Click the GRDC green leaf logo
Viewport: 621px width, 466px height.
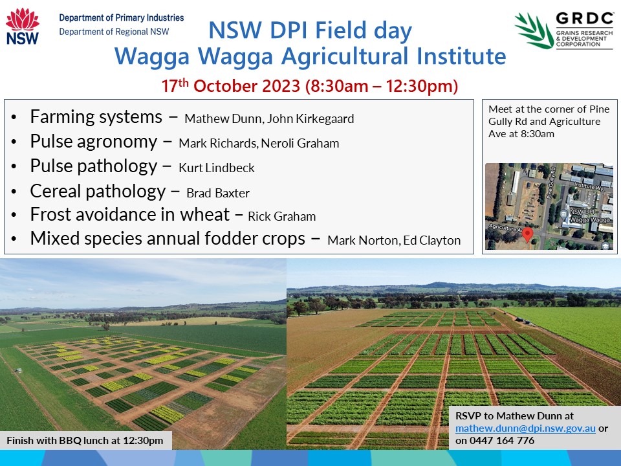534,30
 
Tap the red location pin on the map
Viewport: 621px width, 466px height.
528,234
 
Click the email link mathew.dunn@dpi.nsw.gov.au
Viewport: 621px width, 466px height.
525,428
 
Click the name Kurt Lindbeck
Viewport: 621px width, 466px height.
217,168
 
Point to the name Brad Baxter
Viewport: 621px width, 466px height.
218,193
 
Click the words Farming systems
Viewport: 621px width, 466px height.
96,117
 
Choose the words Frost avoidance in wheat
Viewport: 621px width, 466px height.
130,214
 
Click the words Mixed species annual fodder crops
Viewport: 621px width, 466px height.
168,238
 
